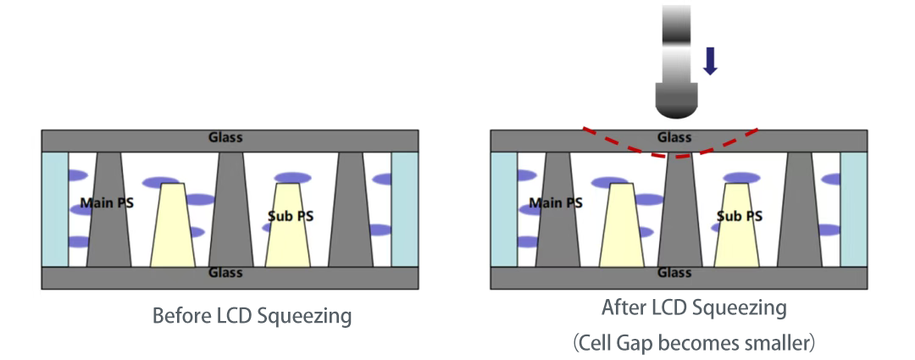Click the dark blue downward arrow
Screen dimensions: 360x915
pos(710,61)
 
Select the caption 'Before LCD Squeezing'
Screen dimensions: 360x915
pos(252,317)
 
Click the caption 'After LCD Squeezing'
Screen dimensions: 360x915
pos(694,307)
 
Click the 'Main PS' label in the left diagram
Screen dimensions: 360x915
pos(107,203)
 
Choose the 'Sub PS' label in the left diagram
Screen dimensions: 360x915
pos(290,216)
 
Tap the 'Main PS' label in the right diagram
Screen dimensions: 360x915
pos(556,203)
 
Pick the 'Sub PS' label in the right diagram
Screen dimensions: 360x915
pos(739,216)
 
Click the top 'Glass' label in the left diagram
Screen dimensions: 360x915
pos(225,138)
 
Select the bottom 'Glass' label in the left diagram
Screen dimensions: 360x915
pos(225,273)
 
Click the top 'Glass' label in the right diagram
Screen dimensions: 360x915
pos(674,137)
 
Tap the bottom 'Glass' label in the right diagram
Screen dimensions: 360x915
pos(674,273)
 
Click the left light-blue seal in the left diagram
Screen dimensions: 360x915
pos(55,208)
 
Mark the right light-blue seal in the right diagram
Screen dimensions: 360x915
pos(853,208)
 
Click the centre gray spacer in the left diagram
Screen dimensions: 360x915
pos(230,212)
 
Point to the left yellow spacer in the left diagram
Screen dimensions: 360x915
pos(173,224)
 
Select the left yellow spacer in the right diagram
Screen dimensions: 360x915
pos(622,224)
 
